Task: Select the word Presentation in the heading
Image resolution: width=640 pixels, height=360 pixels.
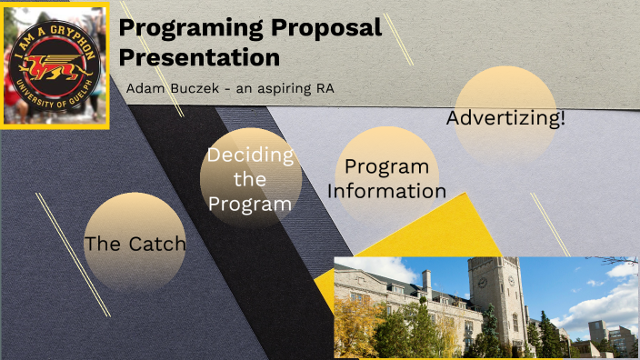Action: [199, 56]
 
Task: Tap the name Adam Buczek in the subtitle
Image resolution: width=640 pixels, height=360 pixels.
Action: [173, 89]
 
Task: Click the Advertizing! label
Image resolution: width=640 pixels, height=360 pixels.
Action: [505, 119]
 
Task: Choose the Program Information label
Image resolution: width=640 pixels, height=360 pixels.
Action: [386, 179]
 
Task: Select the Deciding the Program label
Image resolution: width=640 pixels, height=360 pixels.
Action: [250, 179]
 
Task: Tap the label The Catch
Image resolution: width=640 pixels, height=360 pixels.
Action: [135, 244]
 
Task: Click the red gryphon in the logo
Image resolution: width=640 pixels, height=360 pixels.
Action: [55, 65]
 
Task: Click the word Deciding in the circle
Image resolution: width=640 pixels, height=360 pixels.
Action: [250, 155]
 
